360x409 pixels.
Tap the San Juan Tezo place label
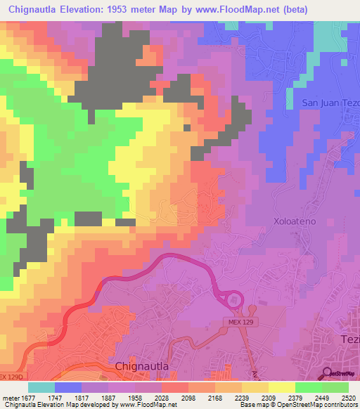click(x=330, y=103)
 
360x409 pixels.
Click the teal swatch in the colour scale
click(x=41, y=387)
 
